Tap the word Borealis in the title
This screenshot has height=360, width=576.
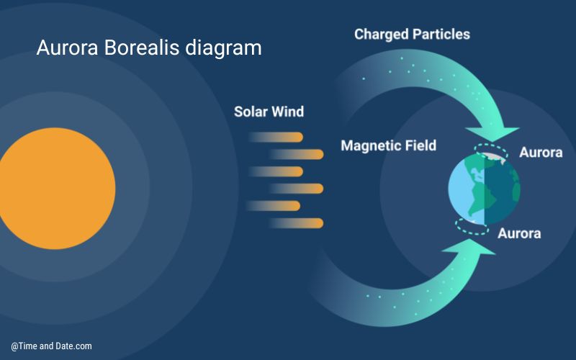pyautogui.click(x=141, y=48)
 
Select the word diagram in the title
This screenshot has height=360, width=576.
pyautogui.click(x=223, y=48)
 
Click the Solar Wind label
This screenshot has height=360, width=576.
pyautogui.click(x=269, y=112)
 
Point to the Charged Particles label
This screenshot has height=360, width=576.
pyautogui.click(x=412, y=35)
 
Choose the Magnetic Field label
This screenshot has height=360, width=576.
pyautogui.click(x=389, y=145)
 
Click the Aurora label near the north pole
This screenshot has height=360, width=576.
pyautogui.click(x=541, y=152)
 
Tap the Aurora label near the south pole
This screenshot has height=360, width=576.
pyautogui.click(x=519, y=233)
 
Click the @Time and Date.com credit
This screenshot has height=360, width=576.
pyautogui.click(x=51, y=346)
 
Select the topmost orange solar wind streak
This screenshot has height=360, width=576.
pyautogui.click(x=276, y=137)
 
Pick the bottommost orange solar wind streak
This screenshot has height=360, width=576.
pyautogui.click(x=296, y=223)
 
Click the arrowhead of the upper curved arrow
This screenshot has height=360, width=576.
pyautogui.click(x=492, y=134)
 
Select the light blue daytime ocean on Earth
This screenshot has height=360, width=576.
pyautogui.click(x=459, y=191)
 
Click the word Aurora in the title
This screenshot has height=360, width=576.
pyautogui.click(x=67, y=48)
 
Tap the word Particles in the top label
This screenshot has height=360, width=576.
pyautogui.click(x=441, y=35)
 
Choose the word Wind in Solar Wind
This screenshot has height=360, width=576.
pyautogui.click(x=287, y=112)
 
